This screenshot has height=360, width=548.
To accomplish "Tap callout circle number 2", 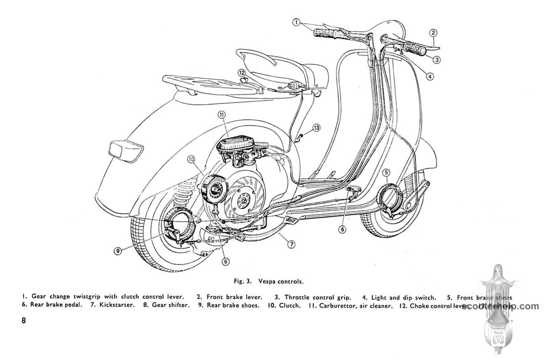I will point(433,32).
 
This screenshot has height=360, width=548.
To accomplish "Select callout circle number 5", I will point(387,172).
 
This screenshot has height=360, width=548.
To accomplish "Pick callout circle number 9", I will point(118,251).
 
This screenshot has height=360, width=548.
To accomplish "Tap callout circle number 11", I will point(222,115).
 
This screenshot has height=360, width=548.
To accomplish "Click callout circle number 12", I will point(241,73).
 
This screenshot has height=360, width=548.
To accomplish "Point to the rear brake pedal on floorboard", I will point(353,191).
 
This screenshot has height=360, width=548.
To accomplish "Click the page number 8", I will point(24,320).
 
